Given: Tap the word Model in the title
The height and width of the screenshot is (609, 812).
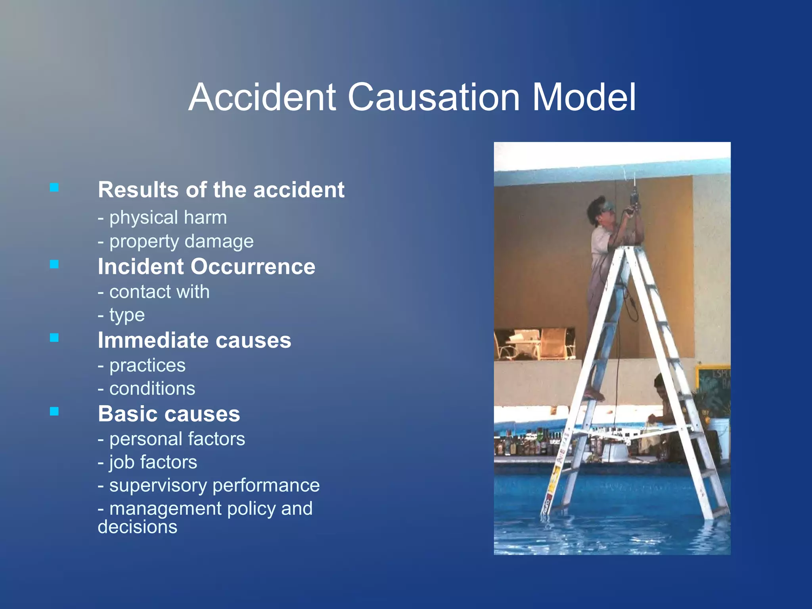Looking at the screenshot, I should point(584,98).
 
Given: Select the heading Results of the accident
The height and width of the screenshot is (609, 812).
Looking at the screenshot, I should point(221,190).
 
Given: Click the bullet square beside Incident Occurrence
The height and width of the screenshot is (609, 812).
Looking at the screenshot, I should point(54,264).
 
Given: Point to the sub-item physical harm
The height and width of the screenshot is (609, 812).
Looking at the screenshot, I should point(163,218).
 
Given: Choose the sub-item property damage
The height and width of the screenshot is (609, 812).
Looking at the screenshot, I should point(176,241).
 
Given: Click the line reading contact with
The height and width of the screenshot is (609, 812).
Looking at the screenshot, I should point(154,292).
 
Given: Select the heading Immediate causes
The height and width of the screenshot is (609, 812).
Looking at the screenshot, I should point(194,340).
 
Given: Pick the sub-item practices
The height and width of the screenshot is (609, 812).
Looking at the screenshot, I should point(142,365).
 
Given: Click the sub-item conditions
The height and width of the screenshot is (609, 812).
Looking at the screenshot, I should point(146,389).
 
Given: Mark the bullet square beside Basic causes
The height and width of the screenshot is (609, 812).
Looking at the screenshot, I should point(54,412).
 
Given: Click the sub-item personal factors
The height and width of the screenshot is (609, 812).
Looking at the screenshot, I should point(171,439).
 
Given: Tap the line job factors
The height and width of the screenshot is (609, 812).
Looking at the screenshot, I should point(147,462).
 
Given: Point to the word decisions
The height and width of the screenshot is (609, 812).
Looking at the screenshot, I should point(138,527).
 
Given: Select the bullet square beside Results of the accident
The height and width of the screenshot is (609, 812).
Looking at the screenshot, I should point(54,187).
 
